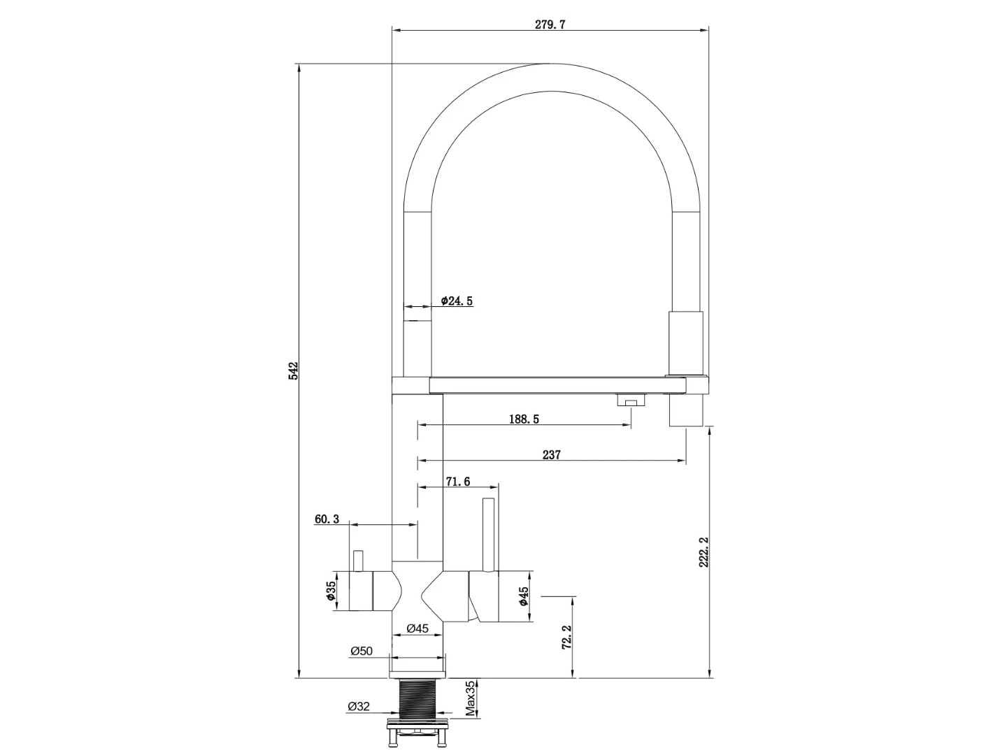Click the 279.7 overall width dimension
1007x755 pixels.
[550, 24]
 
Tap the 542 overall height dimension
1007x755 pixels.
[293, 371]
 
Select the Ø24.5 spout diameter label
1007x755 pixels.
[457, 301]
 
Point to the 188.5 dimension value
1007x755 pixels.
[524, 419]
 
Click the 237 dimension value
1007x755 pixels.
[552, 454]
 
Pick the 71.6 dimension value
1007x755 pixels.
[458, 482]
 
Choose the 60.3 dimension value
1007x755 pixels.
[327, 519]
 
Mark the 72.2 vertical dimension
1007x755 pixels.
[566, 637]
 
